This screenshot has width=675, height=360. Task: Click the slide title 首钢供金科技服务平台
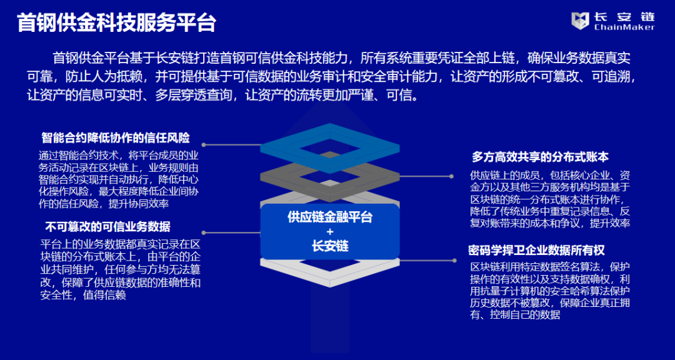(x=117, y=23)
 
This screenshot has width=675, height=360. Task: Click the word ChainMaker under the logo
(x=624, y=27)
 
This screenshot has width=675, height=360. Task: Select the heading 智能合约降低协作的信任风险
(x=116, y=137)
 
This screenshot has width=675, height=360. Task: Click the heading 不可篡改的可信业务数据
(x=107, y=226)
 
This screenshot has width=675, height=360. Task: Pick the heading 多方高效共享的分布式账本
(x=540, y=157)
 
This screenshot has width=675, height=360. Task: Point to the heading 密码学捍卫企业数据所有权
(x=537, y=251)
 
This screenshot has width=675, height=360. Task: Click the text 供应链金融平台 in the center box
(x=330, y=217)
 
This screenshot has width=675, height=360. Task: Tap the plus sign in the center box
(x=330, y=231)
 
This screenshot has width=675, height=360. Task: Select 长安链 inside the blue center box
(x=330, y=246)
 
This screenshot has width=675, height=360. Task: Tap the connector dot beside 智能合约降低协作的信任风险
(x=204, y=145)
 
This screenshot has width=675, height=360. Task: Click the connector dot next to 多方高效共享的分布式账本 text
(x=451, y=176)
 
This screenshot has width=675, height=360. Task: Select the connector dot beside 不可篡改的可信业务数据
(x=204, y=232)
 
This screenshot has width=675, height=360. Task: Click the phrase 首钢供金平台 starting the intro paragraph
(x=91, y=59)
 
